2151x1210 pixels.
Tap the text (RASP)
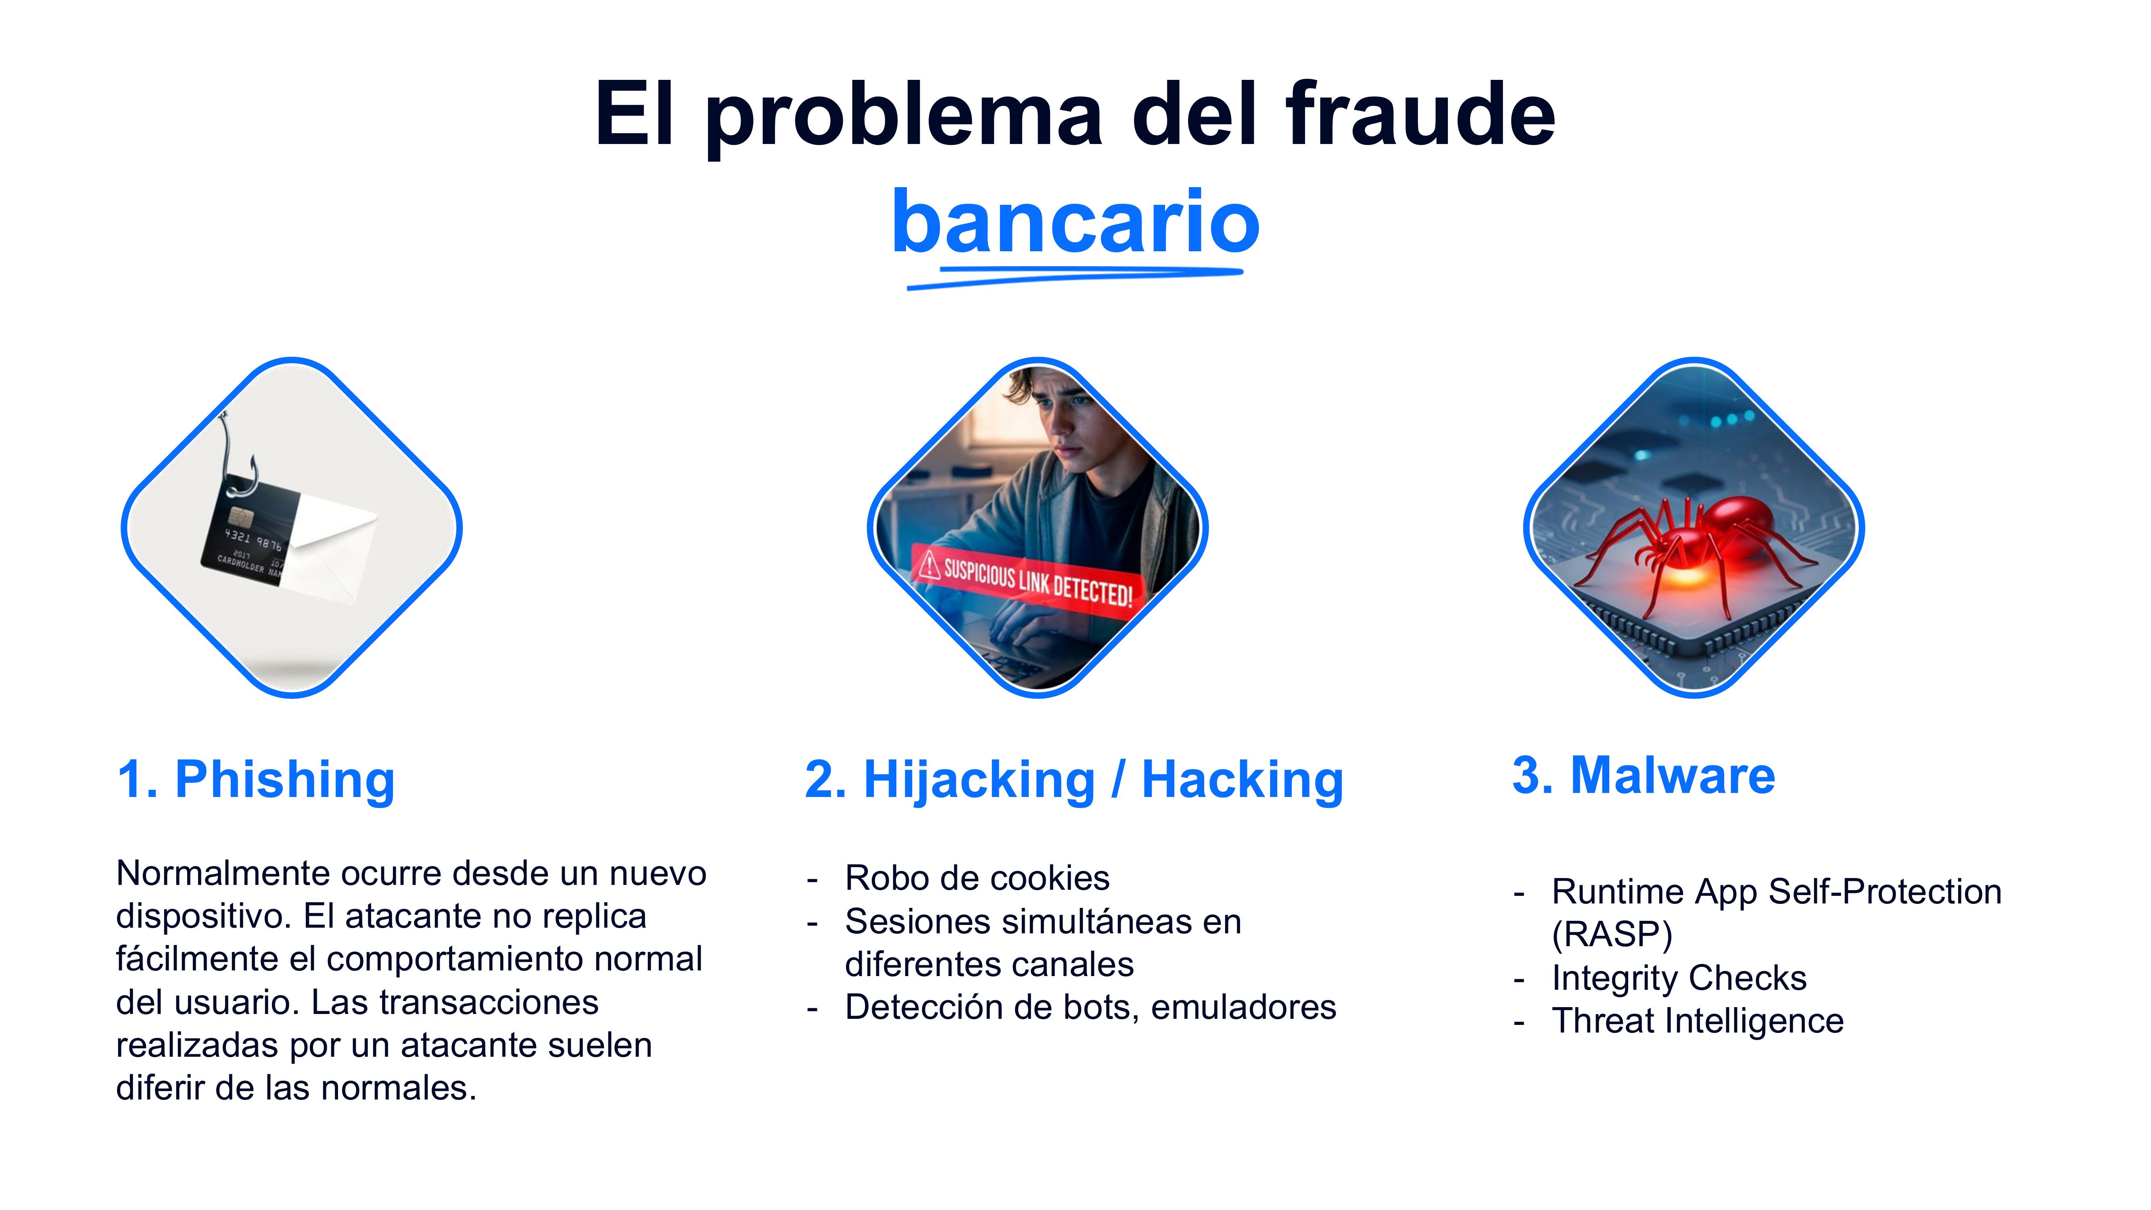pos(1612,935)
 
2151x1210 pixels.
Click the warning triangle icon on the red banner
pos(929,565)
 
